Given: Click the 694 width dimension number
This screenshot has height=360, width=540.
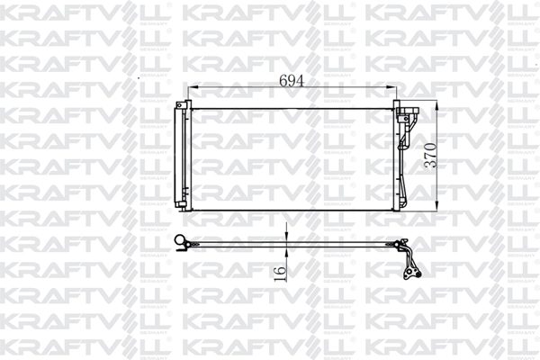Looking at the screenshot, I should pos(291,80).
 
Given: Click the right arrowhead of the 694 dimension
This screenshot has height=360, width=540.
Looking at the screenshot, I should pos(395,90).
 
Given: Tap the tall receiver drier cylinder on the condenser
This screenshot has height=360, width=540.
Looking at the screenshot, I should pos(181,157).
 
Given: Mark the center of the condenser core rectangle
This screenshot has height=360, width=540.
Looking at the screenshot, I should pos(292,158).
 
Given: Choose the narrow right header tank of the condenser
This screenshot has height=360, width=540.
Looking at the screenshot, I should pos(397,158).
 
